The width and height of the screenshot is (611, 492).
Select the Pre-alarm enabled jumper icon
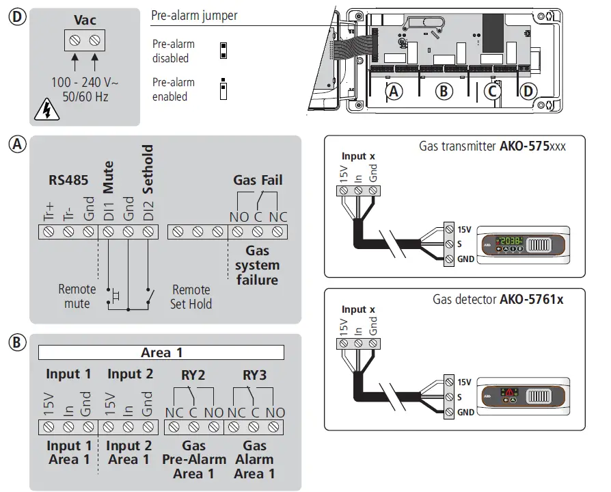tap(223, 90)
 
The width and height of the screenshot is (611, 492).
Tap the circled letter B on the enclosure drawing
tap(444, 90)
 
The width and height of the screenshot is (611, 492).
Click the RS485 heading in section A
tap(67, 181)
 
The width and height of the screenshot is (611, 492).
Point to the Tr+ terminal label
tap(49, 209)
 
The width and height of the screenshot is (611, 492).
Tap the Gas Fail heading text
tap(258, 181)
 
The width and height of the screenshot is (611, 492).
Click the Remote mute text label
tap(77, 296)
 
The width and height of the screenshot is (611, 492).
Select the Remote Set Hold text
tap(191, 296)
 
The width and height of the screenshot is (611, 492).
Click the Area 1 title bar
tap(161, 353)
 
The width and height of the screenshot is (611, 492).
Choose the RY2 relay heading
tap(193, 374)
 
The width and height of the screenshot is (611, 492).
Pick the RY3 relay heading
tap(254, 374)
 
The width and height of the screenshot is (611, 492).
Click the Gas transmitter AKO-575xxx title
tap(492, 145)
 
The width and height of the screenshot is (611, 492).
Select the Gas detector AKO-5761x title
tap(498, 299)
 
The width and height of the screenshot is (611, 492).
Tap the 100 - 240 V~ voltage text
tap(85, 82)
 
